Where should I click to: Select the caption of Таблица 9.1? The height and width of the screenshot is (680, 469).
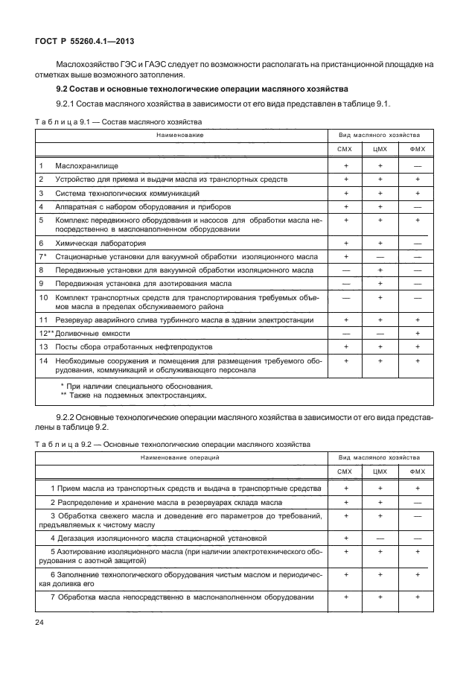(118, 121)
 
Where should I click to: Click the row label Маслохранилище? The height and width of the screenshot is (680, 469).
(87, 165)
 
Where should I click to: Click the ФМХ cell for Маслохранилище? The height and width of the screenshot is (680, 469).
(417, 165)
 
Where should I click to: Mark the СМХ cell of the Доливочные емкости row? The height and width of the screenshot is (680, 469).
(345, 334)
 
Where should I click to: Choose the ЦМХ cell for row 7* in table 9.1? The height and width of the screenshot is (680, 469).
(380, 256)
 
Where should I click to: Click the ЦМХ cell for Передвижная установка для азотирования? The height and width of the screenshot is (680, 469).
(380, 284)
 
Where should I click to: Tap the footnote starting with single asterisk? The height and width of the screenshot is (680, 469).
(137, 386)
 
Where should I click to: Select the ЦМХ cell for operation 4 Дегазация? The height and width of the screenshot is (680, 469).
(380, 537)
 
